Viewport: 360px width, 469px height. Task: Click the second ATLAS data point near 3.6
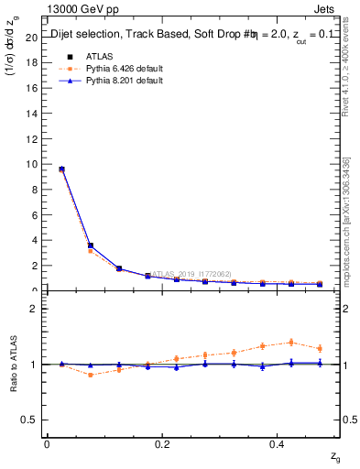[90, 245]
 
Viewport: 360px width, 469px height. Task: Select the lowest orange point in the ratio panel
[90, 375]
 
